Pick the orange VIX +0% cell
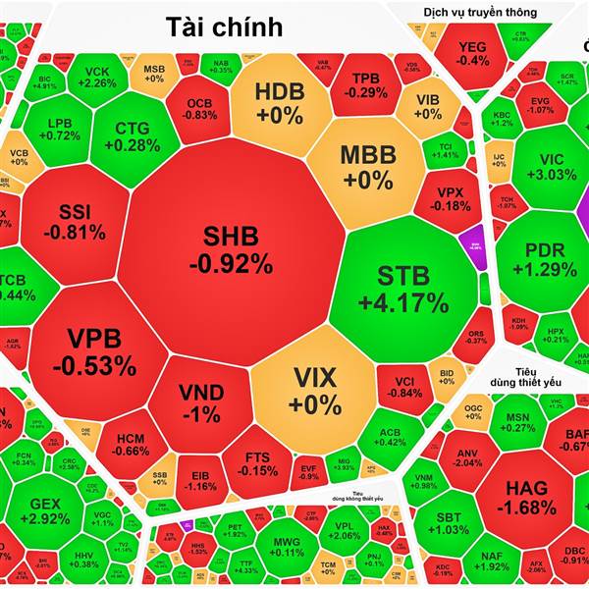pos(314,390)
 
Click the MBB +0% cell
pos(366,167)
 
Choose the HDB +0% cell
pos(280,103)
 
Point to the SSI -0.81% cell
pos(80,222)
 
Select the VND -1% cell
pos(200,402)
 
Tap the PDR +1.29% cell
pos(545,257)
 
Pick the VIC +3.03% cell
pos(550,167)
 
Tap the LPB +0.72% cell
pos(64,129)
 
